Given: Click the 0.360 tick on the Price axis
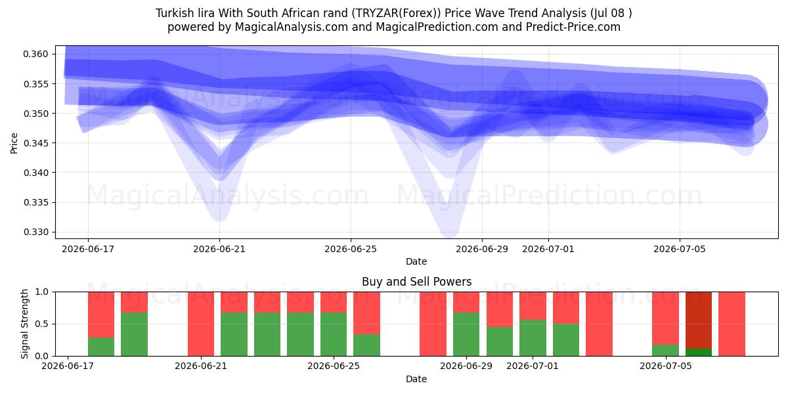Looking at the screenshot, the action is (x=35, y=54).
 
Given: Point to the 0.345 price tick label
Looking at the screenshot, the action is (x=35, y=143).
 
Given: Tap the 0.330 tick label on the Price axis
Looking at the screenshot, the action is (x=35, y=232).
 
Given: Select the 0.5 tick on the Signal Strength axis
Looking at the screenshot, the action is (x=41, y=324).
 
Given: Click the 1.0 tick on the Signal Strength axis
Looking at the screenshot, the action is (x=41, y=292).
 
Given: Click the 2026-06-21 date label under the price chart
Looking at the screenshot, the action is (x=219, y=249).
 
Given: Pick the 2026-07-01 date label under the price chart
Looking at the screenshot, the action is (x=548, y=249).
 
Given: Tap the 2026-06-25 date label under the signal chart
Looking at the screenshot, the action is (x=334, y=366).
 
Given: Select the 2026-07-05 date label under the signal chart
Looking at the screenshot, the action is (x=666, y=366).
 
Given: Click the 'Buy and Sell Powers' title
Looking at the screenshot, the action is (x=416, y=282).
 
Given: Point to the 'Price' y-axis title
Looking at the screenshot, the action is (x=14, y=143).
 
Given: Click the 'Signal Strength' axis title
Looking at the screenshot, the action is (x=24, y=324).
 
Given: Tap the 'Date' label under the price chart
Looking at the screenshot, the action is (x=416, y=261).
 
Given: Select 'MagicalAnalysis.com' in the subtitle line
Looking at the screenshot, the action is (x=292, y=27).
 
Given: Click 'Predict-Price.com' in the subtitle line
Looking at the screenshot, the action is (x=573, y=27).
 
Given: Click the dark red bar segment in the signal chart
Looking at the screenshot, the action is (x=699, y=320).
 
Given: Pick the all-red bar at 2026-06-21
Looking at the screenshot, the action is (x=201, y=324).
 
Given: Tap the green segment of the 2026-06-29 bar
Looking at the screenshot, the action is (x=466, y=334).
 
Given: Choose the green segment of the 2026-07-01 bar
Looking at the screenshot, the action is (x=533, y=338).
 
